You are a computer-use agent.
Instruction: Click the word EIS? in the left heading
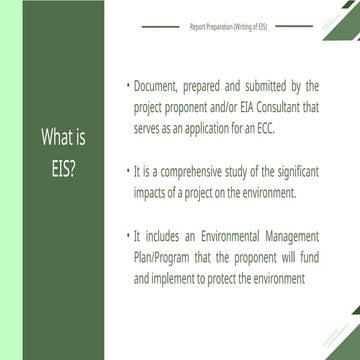click(61, 165)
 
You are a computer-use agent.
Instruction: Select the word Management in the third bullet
click(290, 237)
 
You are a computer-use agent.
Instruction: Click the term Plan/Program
click(163, 257)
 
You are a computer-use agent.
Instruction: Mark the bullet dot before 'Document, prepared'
click(129, 88)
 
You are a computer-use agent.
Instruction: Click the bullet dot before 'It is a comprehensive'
click(129, 173)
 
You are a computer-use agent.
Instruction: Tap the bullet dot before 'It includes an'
click(129, 237)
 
